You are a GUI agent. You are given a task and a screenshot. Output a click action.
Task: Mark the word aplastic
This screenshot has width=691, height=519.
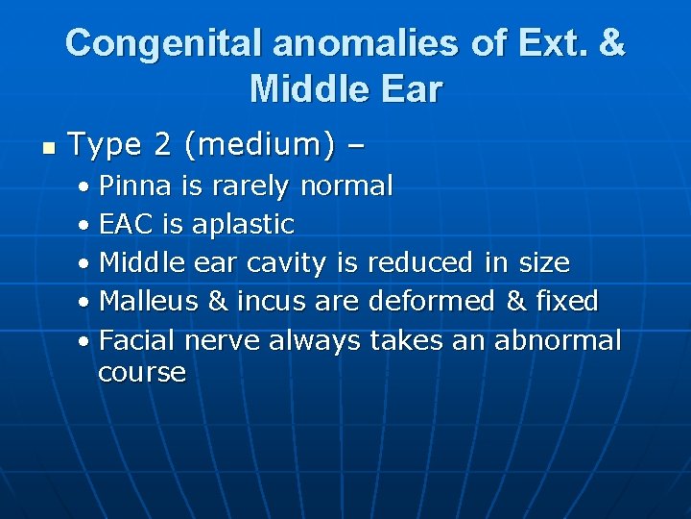[243, 225]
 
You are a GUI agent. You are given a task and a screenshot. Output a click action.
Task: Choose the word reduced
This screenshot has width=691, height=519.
[419, 262]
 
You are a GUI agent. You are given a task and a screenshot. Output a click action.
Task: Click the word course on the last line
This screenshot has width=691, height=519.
[141, 372]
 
